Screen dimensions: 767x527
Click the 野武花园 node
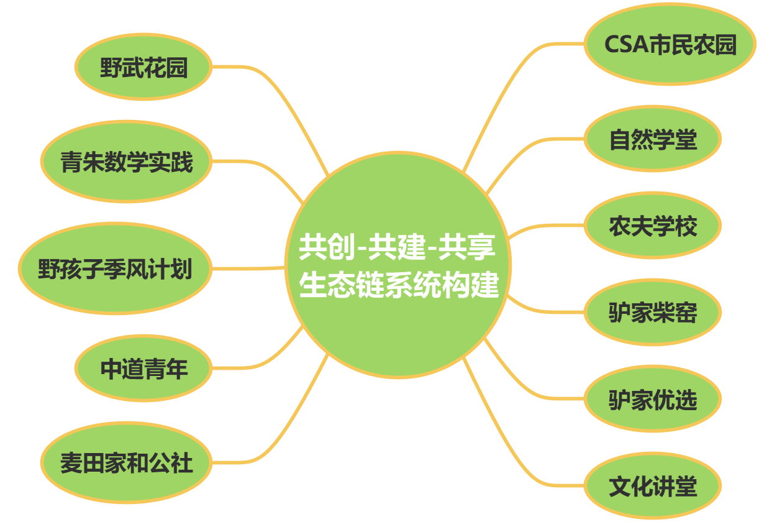(x=143, y=66)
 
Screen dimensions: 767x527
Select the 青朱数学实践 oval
(x=126, y=162)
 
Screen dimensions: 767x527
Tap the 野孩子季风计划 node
(x=115, y=269)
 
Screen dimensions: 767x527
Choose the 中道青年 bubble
(x=143, y=369)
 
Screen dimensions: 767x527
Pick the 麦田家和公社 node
(x=126, y=462)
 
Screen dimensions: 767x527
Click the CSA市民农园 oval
(x=669, y=44)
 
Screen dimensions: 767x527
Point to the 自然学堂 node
(x=652, y=139)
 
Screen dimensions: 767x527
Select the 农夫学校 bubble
(x=652, y=226)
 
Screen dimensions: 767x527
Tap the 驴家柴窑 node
(x=652, y=313)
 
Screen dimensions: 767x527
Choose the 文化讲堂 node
(x=652, y=486)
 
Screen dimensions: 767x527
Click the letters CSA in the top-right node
(x=626, y=45)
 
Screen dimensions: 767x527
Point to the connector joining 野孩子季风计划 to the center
(x=248, y=268)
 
